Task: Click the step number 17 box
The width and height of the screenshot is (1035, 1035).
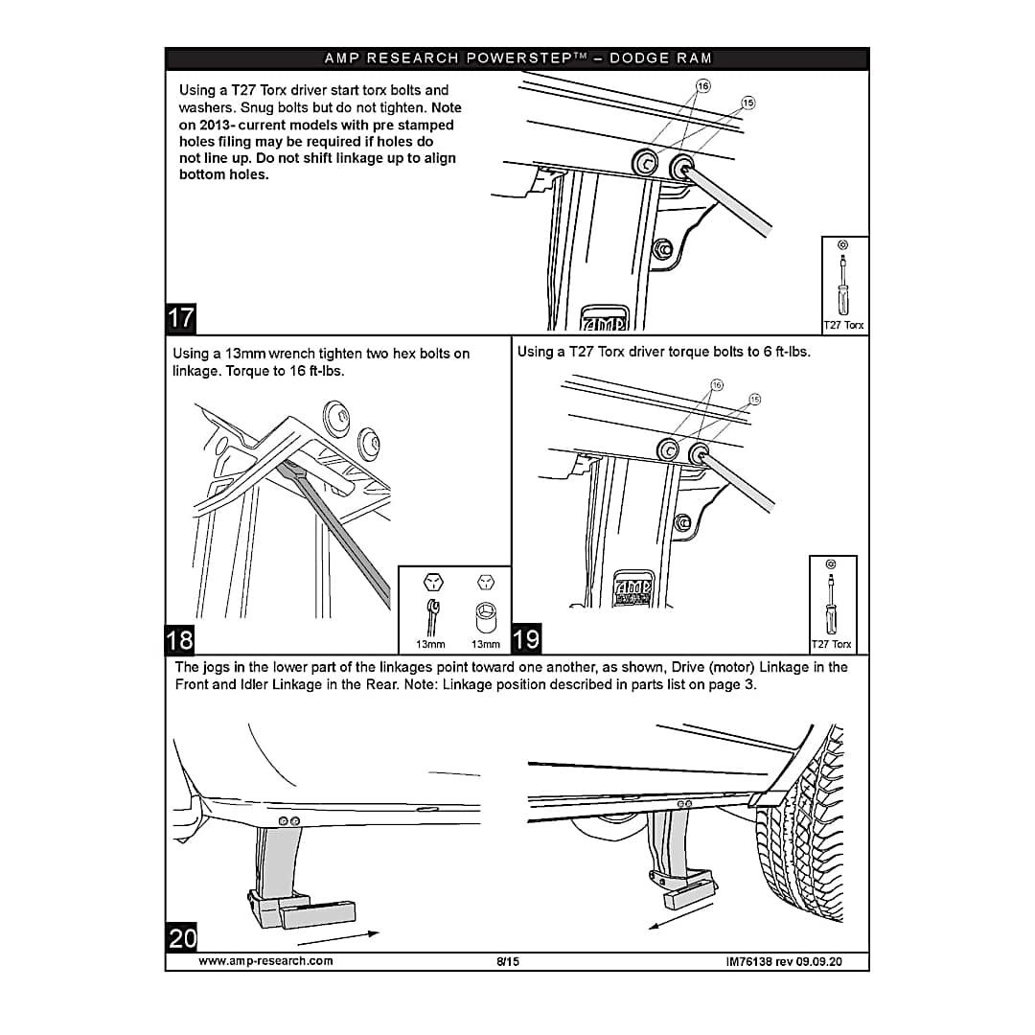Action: pyautogui.click(x=181, y=317)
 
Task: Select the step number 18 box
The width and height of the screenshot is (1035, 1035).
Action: pyautogui.click(x=180, y=638)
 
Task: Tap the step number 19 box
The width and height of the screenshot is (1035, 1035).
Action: pyautogui.click(x=526, y=638)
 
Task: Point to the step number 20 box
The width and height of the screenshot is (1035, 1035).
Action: pyautogui.click(x=182, y=937)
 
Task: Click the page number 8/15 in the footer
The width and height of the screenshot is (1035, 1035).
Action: pyautogui.click(x=508, y=961)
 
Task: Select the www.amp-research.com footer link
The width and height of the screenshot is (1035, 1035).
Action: pyautogui.click(x=265, y=961)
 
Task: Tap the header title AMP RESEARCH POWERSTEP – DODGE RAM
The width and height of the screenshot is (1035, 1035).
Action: pyautogui.click(x=517, y=58)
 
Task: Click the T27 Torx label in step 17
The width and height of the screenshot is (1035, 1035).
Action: pyautogui.click(x=843, y=325)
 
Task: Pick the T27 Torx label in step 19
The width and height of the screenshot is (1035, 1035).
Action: pyautogui.click(x=831, y=644)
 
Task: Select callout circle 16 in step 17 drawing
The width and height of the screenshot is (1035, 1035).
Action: pyautogui.click(x=702, y=86)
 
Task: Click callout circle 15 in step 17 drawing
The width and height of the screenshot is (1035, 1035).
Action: pyautogui.click(x=748, y=103)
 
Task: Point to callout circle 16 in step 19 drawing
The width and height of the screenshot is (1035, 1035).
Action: pyautogui.click(x=716, y=385)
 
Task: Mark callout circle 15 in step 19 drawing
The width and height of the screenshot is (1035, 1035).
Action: pyautogui.click(x=754, y=399)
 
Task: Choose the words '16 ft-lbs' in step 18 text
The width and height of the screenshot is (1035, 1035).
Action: pyautogui.click(x=315, y=371)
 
